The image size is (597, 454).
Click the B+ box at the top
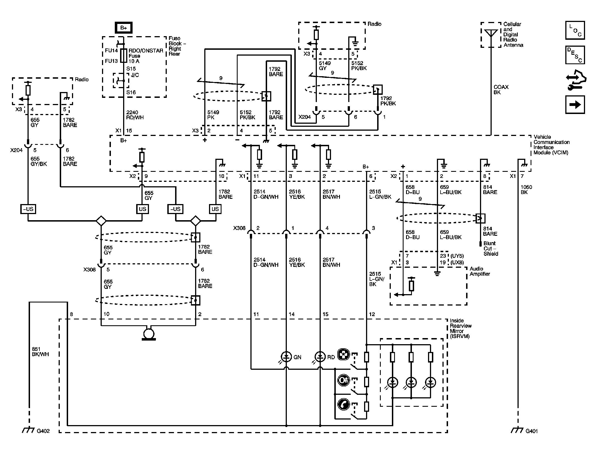click(x=123, y=28)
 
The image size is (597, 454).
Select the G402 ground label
click(x=43, y=431)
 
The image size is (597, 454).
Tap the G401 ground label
click(x=531, y=431)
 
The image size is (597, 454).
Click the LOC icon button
click(x=575, y=30)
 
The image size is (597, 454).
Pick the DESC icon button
click(x=575, y=55)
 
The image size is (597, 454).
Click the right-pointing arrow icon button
click(x=575, y=105)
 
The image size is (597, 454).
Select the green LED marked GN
click(x=286, y=357)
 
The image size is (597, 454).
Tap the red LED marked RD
click(x=320, y=357)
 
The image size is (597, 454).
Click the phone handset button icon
click(x=344, y=405)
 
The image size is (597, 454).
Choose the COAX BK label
click(x=501, y=90)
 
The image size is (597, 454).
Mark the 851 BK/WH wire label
click(x=40, y=352)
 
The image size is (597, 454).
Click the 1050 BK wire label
click(x=526, y=189)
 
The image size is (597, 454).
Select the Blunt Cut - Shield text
click(x=491, y=249)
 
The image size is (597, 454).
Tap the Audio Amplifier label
click(x=480, y=271)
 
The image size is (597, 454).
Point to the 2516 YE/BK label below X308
click(x=297, y=262)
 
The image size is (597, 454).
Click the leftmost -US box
click(x=28, y=209)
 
